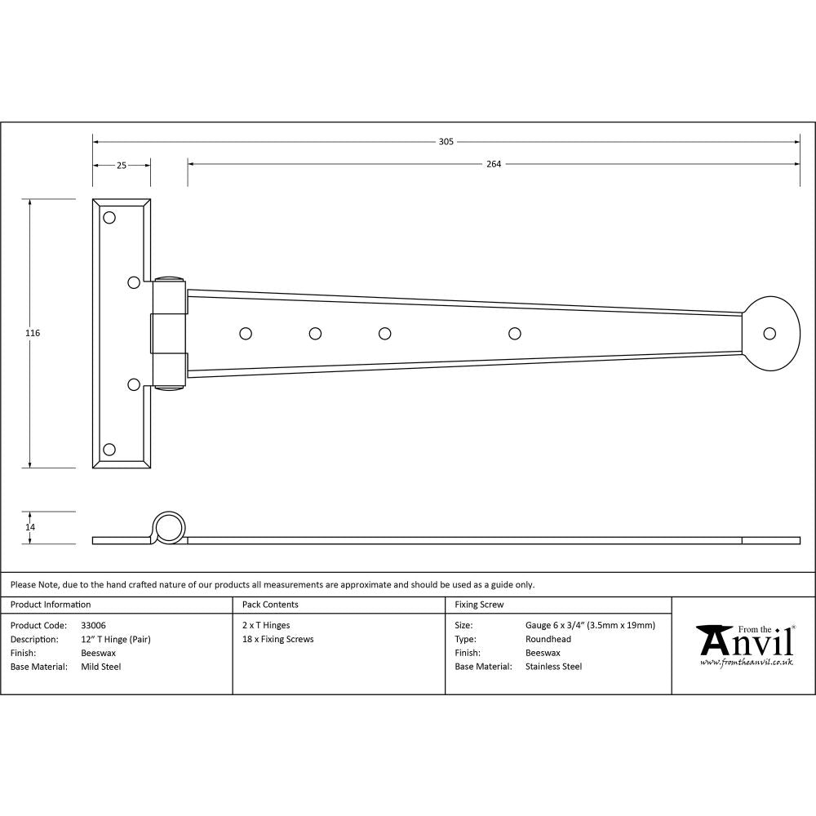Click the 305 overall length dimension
(446, 142)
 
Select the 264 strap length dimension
(493, 164)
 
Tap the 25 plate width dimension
(121, 166)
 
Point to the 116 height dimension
(33, 333)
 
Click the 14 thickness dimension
(30, 527)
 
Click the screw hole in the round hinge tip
(769, 334)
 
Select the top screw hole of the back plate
(109, 218)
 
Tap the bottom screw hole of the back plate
(109, 450)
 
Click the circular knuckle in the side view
(169, 528)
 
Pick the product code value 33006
(93, 625)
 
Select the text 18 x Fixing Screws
(277, 639)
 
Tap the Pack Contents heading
(270, 605)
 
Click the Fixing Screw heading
(479, 605)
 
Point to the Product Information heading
(51, 605)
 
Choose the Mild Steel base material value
(100, 667)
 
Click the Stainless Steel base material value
(553, 667)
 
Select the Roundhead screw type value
(548, 639)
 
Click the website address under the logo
(746, 662)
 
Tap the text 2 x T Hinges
(266, 625)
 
